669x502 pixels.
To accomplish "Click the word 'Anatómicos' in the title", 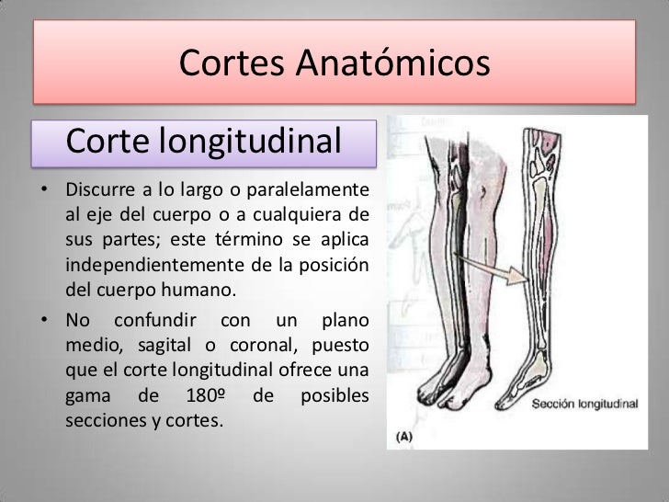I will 398,65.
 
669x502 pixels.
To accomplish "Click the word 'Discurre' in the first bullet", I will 97,191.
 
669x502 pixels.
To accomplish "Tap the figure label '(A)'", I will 404,438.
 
